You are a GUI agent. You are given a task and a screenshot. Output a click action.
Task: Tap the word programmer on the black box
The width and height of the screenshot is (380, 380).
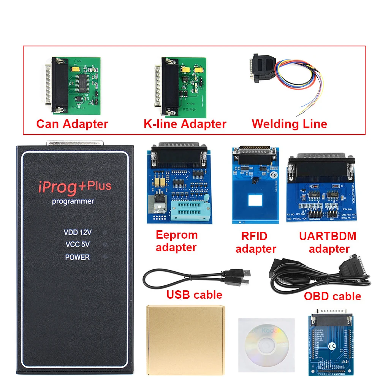coord(73,201)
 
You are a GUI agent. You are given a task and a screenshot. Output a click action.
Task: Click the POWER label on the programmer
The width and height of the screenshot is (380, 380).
coord(77,257)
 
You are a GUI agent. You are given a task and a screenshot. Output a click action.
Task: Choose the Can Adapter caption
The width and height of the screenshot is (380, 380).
coord(72,124)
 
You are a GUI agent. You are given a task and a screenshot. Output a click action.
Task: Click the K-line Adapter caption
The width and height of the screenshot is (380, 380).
coord(185,124)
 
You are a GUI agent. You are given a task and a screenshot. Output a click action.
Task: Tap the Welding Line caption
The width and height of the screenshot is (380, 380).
coord(289,124)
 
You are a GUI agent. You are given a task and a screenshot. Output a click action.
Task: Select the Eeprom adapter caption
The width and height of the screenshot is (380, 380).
coord(176,241)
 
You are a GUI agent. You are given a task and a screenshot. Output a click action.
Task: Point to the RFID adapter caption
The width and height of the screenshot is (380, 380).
coord(255,242)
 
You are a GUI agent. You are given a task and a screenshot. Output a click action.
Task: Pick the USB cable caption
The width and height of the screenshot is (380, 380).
coord(194,294)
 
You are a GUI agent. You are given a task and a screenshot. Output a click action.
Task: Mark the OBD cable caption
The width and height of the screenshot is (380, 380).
coord(332,296)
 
